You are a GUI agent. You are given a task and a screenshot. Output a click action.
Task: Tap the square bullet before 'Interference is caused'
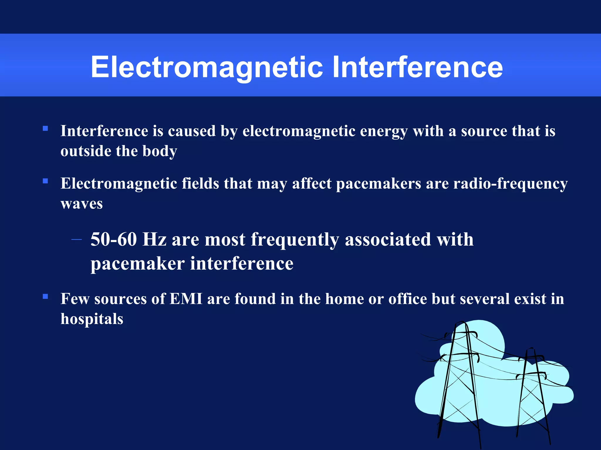[45, 128]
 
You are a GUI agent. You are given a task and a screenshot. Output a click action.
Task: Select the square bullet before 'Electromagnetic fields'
[45, 181]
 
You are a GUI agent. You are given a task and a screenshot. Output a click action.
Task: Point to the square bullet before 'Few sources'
[45, 296]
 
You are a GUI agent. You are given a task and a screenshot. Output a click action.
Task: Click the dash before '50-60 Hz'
[77, 240]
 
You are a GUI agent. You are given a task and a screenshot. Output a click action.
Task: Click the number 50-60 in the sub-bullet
[114, 239]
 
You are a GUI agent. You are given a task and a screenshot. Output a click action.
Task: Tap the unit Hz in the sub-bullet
[154, 239]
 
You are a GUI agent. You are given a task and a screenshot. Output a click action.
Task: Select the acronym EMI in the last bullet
[186, 299]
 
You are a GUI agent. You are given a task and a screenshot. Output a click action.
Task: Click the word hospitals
[92, 319]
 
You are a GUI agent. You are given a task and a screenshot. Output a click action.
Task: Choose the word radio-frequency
[510, 184]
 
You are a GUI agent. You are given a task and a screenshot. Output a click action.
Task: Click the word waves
[82, 204]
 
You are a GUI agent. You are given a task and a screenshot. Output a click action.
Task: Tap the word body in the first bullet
[160, 151]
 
